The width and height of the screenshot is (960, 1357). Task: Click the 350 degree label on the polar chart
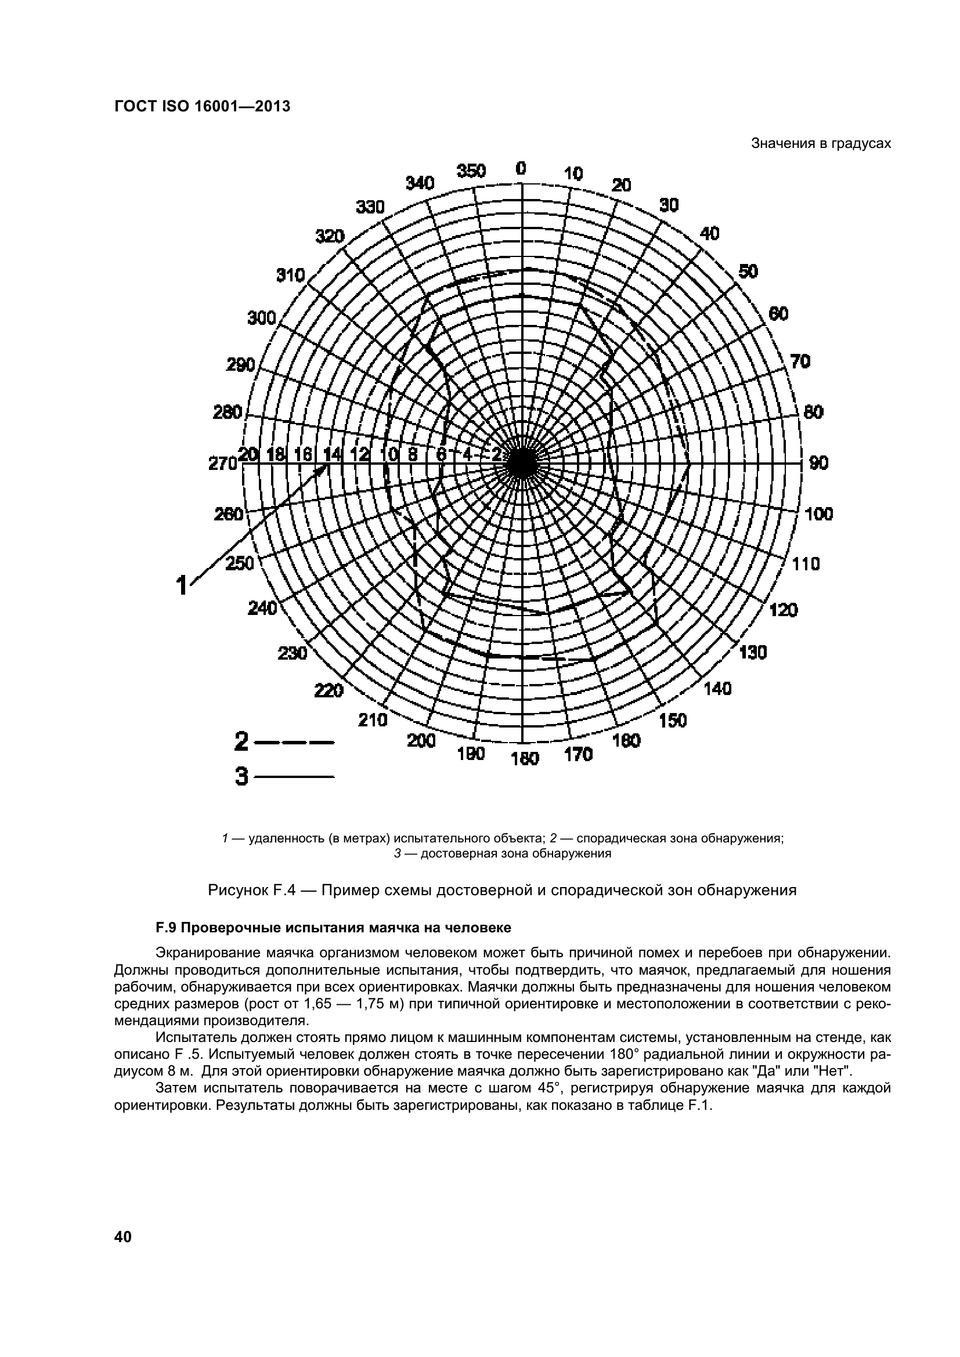tap(471, 171)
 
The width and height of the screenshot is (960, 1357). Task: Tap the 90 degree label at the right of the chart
tap(819, 463)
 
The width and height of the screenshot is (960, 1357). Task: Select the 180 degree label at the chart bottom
tap(525, 758)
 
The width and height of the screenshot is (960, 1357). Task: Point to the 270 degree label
tap(222, 464)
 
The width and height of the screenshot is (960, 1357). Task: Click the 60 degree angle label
tap(778, 314)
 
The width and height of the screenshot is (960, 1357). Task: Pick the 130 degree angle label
tap(753, 653)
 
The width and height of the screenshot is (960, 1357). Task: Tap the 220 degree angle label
tap(329, 690)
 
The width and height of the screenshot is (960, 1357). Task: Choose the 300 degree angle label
tap(262, 319)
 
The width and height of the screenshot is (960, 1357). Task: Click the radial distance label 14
tap(332, 454)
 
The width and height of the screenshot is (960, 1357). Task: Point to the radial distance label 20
tap(249, 454)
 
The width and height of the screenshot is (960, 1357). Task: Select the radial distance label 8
tap(413, 454)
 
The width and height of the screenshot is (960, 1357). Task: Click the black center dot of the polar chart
tap(521, 463)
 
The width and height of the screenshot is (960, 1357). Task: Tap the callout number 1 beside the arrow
tap(182, 585)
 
